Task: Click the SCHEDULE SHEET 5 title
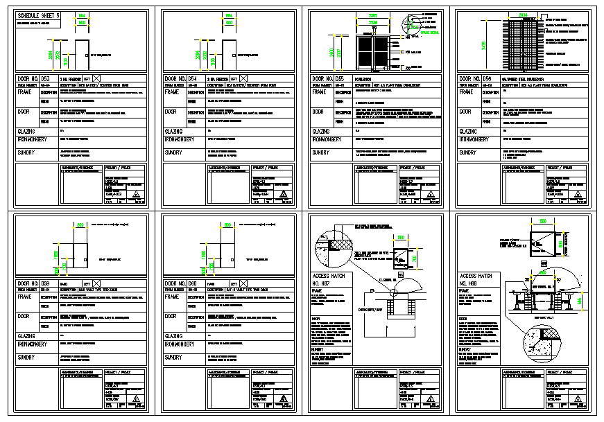click(x=39, y=15)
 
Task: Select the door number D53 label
click(x=37, y=78)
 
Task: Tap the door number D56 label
click(x=476, y=78)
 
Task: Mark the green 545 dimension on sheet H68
click(x=580, y=302)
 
